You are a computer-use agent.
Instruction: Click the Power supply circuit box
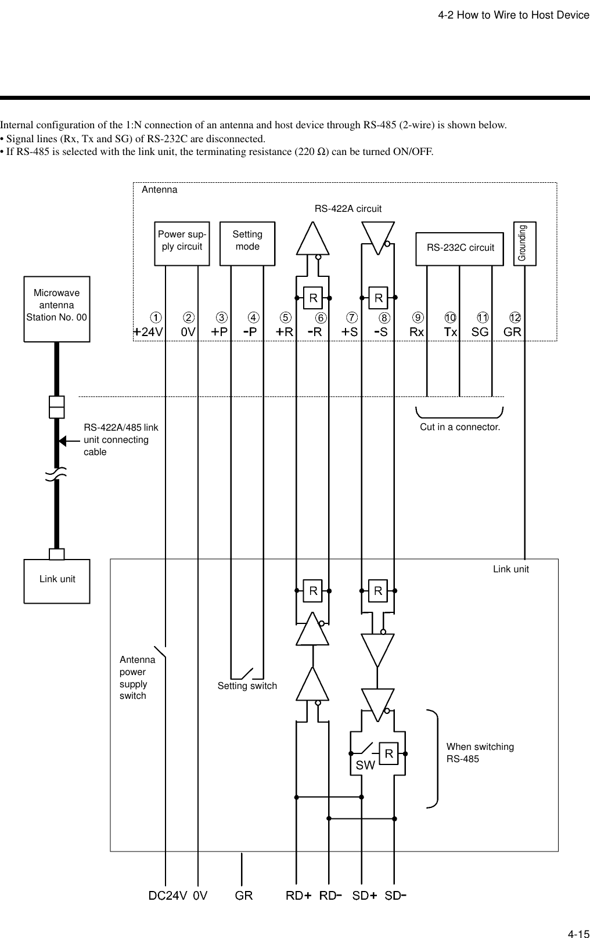coord(182,243)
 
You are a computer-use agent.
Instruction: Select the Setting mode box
coord(247,243)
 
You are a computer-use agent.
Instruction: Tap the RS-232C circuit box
coord(460,248)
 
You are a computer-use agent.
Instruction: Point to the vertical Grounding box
coord(525,243)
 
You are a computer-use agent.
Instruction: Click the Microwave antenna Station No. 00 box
coord(57,308)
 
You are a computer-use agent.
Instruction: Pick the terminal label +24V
coord(148,332)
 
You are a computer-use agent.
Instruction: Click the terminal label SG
coord(480,332)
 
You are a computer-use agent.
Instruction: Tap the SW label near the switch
coord(365,766)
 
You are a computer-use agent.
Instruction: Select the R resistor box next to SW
coord(388,754)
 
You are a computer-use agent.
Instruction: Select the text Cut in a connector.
coord(460,427)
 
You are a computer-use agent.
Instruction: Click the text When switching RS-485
coord(480,753)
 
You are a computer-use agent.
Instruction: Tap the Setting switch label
coord(247,686)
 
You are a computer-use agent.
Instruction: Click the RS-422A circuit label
coord(348,208)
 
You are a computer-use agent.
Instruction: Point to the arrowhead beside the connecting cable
coord(63,440)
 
